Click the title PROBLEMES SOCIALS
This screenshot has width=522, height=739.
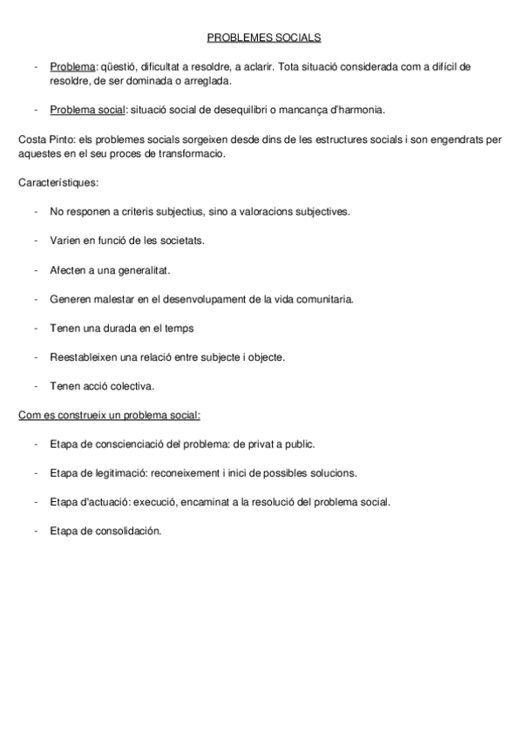[x=263, y=37]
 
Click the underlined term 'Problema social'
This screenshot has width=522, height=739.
[x=88, y=110]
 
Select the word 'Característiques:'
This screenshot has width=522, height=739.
[x=58, y=183]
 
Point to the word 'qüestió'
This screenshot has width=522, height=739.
[x=119, y=66]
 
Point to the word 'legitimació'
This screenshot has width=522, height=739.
[x=120, y=473]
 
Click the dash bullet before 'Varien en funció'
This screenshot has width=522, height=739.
[x=34, y=241]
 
